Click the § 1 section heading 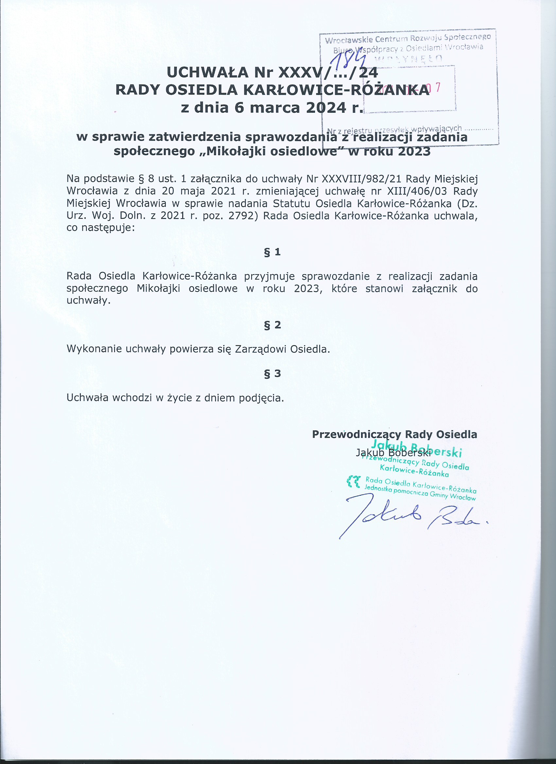click(x=272, y=252)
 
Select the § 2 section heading click(x=272, y=325)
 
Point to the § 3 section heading click(x=272, y=373)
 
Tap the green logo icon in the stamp click(x=354, y=481)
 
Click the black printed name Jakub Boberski click(x=393, y=453)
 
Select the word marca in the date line click(x=275, y=108)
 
